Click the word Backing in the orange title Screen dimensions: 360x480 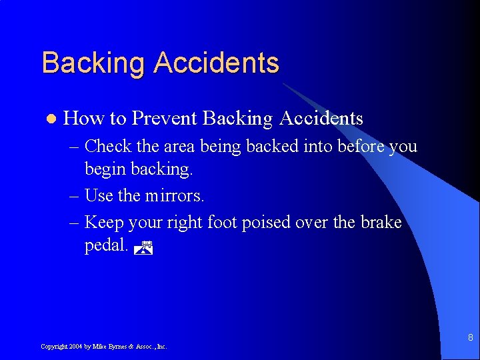coord(93,64)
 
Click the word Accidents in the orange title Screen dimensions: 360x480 coord(216,63)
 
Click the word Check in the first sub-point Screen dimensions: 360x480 coord(109,145)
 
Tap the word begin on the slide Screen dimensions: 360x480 coord(104,170)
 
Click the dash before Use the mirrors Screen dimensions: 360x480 coord(73,196)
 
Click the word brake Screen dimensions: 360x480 coord(380,221)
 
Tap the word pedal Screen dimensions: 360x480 coord(105,246)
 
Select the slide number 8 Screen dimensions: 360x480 coord(470,337)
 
